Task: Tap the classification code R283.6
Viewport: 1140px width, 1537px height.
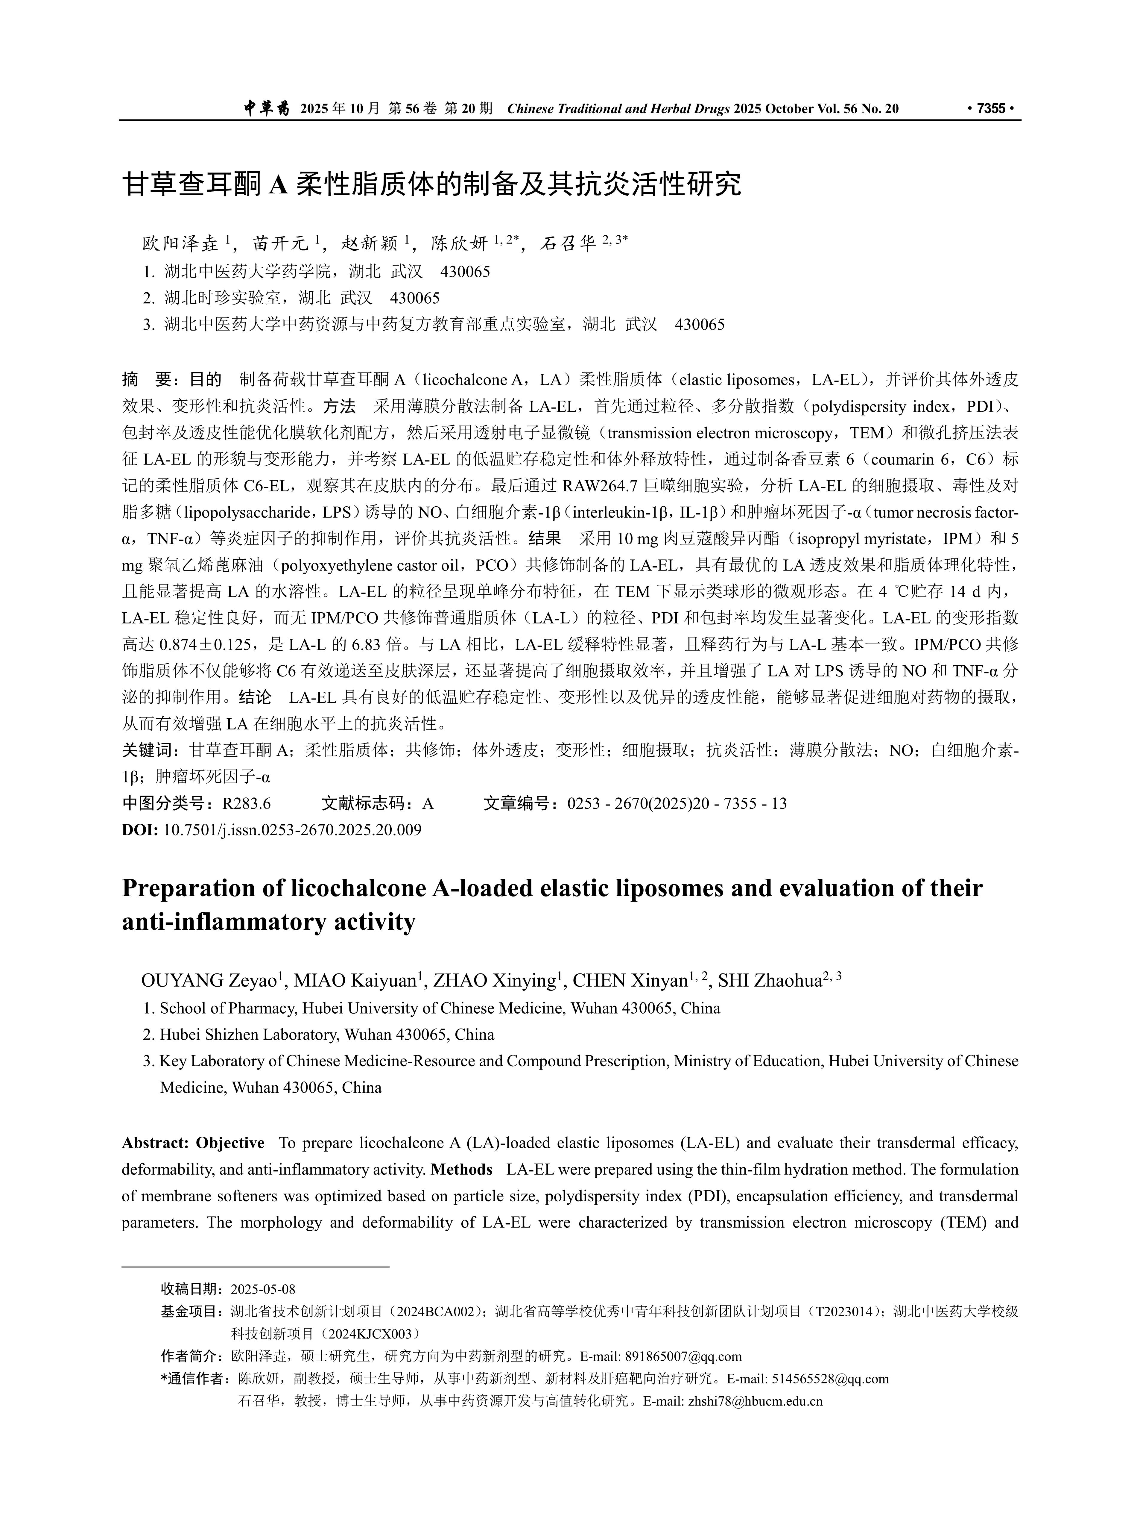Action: coord(246,803)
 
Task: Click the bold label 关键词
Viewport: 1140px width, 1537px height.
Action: coord(147,750)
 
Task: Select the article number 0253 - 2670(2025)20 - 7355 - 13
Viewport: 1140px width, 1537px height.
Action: coord(677,803)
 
